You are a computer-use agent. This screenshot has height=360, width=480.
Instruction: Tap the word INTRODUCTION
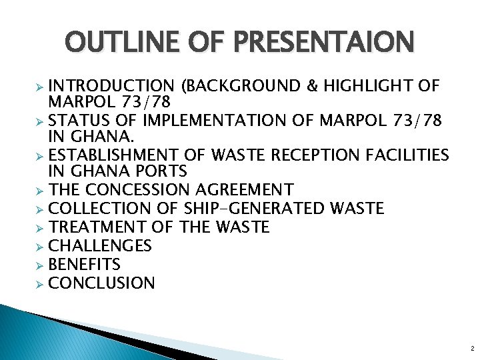tap(111, 86)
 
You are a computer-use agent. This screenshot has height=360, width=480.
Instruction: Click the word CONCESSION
tap(139, 189)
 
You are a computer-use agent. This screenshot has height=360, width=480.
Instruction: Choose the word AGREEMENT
tap(245, 189)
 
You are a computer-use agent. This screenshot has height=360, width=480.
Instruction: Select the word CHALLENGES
tap(101, 245)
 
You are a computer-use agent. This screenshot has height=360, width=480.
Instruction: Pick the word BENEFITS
tap(85, 264)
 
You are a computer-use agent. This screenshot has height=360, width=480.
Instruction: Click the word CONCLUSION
tap(102, 283)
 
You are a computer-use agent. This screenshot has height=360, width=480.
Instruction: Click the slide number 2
tap(472, 349)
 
